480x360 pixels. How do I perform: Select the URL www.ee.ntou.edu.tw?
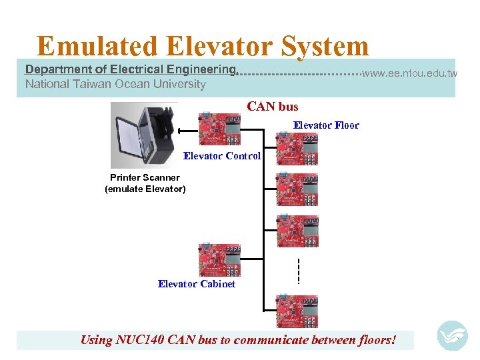point(409,73)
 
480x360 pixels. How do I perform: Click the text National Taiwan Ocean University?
point(115,85)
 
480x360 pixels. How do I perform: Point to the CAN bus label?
point(273,107)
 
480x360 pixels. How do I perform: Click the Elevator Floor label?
point(326,125)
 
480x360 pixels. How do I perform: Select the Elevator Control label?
point(222,157)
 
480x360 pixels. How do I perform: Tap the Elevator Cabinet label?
point(197,284)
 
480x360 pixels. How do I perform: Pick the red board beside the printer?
point(219,127)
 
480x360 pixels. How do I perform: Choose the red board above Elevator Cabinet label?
point(219,259)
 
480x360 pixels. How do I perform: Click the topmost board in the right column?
point(297,147)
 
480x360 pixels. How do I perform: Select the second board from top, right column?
point(297,189)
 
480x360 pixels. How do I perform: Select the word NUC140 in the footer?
point(139,340)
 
